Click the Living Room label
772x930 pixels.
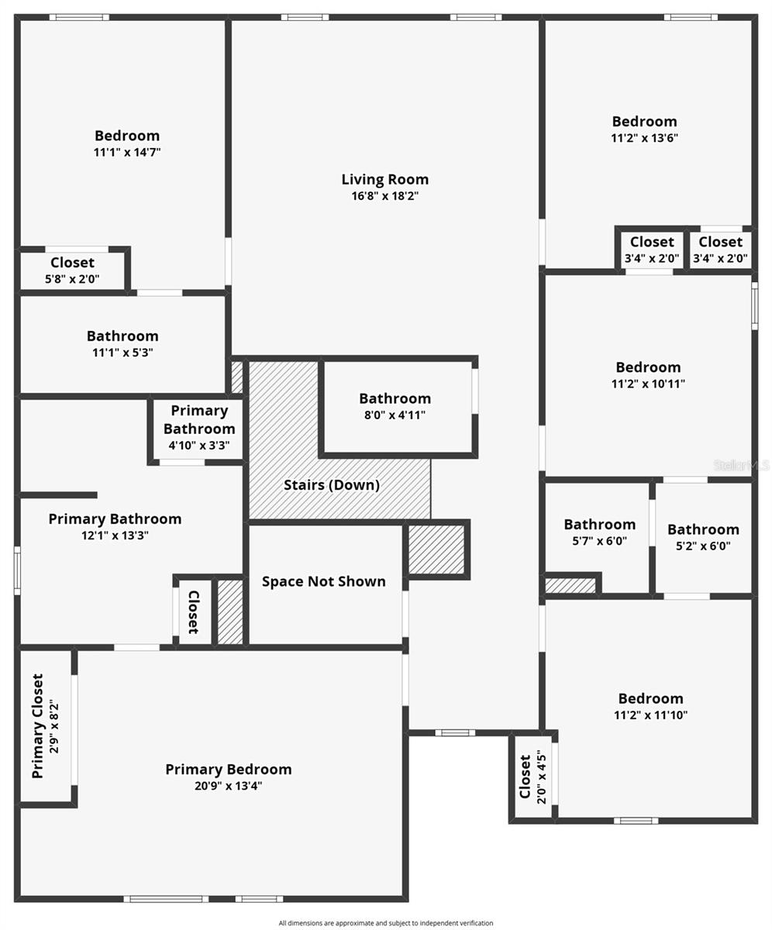tap(385, 180)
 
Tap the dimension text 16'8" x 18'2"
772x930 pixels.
tap(385, 196)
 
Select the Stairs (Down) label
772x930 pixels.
tap(332, 485)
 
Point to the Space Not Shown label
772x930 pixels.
tap(324, 581)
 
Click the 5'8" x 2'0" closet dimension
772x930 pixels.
tap(72, 279)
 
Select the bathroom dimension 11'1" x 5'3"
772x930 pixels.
tap(122, 353)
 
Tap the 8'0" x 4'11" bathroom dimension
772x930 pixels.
tap(395, 415)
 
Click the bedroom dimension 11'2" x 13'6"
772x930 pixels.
tap(645, 138)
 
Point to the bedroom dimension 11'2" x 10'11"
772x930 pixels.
tap(648, 384)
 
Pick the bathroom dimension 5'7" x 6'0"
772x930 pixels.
tap(600, 541)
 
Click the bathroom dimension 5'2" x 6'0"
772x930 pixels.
tap(703, 546)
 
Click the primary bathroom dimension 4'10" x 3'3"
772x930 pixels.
tap(199, 446)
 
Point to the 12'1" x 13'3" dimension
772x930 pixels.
tap(115, 536)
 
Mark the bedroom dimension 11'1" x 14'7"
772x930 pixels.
tap(127, 153)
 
